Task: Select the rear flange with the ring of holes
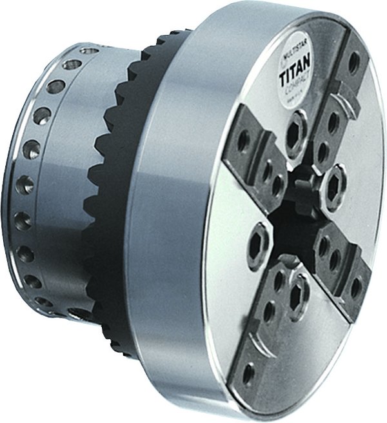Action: (39, 206)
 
